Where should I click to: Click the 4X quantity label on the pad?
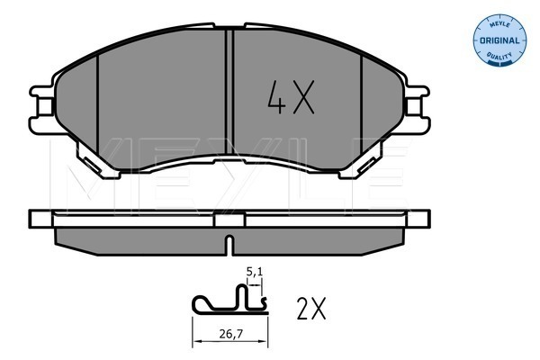click(x=291, y=97)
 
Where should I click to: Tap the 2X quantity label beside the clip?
click(x=311, y=308)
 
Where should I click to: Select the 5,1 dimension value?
click(x=255, y=272)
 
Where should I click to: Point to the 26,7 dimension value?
click(x=231, y=334)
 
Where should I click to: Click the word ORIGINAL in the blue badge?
click(x=499, y=40)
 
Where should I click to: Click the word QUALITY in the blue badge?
click(x=499, y=55)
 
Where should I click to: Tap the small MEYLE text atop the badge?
click(x=499, y=25)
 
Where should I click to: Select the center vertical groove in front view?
click(x=229, y=92)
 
